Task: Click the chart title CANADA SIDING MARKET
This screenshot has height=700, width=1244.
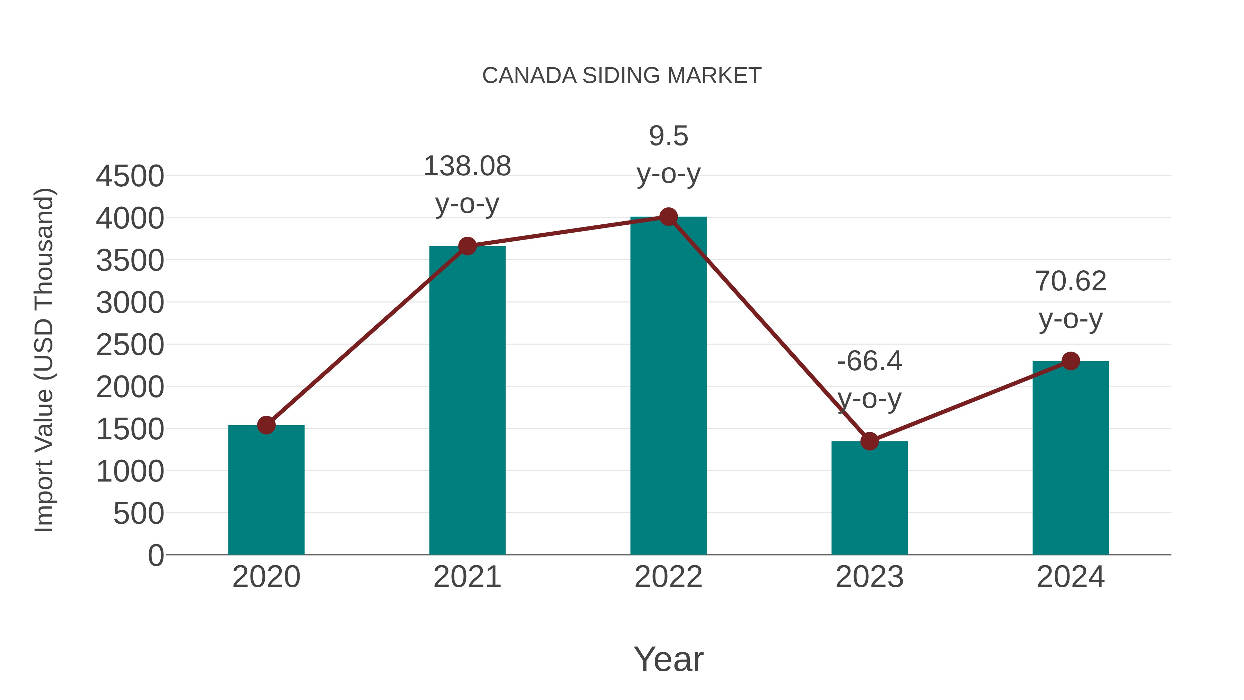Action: coord(622,76)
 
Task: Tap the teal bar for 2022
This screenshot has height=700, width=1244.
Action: coord(668,386)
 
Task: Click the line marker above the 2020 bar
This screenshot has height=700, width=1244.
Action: coord(266,425)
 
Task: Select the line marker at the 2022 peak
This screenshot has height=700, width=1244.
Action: coord(668,217)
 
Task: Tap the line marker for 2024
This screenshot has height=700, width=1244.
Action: coord(1071,361)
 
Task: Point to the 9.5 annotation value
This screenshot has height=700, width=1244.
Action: coord(668,136)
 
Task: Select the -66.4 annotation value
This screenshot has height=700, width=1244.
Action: coord(869,361)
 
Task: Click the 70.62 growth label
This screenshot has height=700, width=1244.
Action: coord(1071,282)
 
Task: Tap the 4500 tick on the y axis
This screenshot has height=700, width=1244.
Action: coord(130,176)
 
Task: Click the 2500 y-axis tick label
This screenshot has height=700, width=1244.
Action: coord(130,345)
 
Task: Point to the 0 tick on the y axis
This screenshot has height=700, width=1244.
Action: coord(155,555)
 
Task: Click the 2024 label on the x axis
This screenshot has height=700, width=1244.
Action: coord(1071,577)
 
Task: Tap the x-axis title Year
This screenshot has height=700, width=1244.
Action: coord(668,660)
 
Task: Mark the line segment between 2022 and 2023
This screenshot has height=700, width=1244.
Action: coord(769,329)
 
